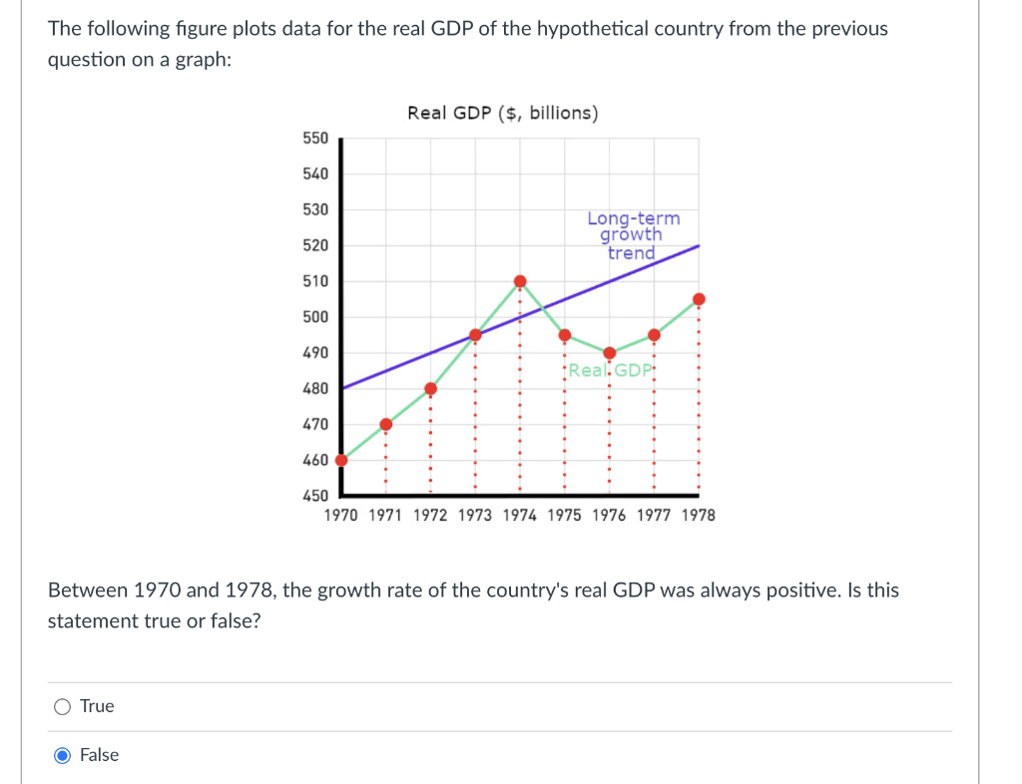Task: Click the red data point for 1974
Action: coord(520,281)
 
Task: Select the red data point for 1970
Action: coord(341,461)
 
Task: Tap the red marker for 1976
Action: coord(610,353)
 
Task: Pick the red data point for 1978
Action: coord(699,299)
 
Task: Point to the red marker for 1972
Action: coord(431,389)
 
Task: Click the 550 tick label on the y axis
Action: coord(315,138)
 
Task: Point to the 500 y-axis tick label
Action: coord(315,317)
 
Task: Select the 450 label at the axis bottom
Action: coord(315,496)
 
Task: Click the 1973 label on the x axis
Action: coord(475,516)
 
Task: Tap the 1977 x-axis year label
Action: coord(654,516)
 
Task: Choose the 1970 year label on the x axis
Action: coord(341,516)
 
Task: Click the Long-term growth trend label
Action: coord(633,235)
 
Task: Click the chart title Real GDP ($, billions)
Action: coord(503,113)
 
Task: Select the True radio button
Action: coord(63,707)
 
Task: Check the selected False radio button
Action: coord(63,755)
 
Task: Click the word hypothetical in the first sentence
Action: coord(592,29)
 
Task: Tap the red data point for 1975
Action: coord(565,335)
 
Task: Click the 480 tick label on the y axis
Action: coord(315,389)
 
